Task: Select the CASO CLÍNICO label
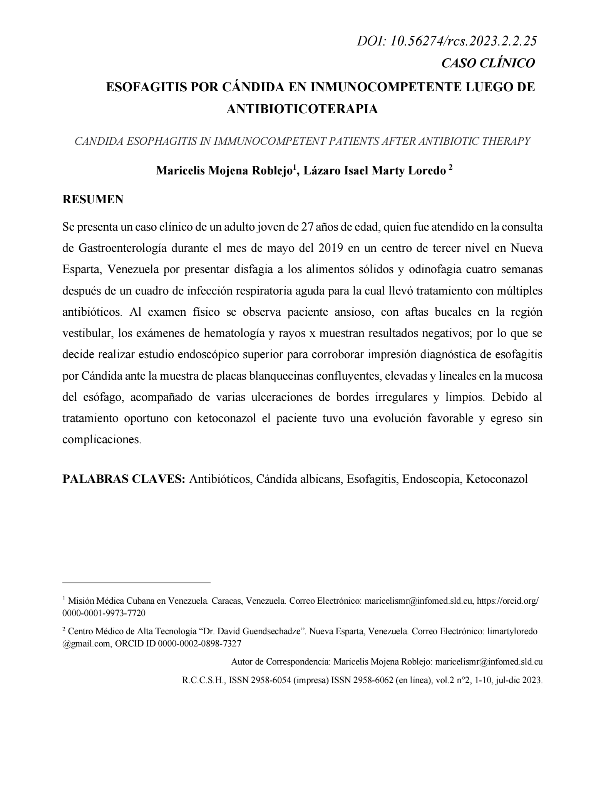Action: pyautogui.click(x=488, y=63)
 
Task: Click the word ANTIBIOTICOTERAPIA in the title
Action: pyautogui.click(x=302, y=109)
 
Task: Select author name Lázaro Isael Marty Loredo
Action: pyautogui.click(x=374, y=171)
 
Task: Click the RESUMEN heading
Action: pyautogui.click(x=93, y=199)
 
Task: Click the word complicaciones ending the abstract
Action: pyautogui.click(x=101, y=439)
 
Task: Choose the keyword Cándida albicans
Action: pyautogui.click(x=298, y=479)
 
